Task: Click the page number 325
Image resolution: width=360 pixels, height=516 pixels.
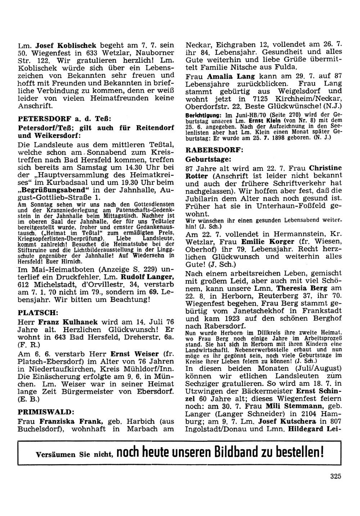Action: [x=335, y=476]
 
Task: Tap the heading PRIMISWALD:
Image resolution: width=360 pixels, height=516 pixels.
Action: [x=46, y=412]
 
